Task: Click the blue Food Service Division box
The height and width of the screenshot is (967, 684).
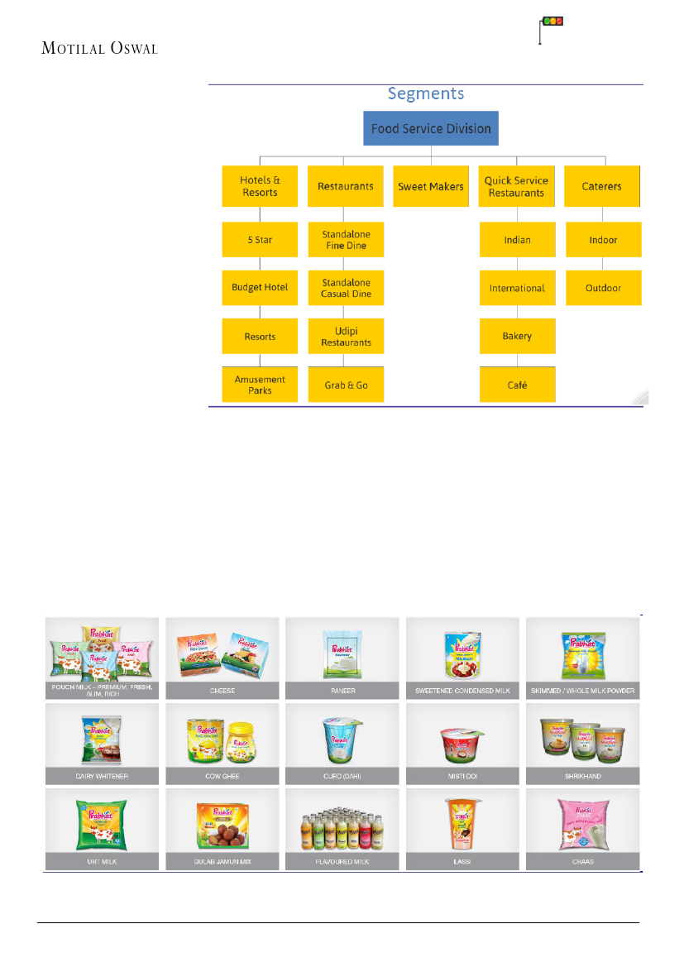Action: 431,129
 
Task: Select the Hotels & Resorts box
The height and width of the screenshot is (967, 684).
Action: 260,186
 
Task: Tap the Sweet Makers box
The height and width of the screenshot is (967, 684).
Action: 431,186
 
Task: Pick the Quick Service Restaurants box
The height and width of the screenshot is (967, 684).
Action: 516,186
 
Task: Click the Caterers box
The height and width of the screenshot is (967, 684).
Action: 602,186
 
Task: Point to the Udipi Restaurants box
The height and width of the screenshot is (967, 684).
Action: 346,337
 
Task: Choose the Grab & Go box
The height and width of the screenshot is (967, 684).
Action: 346,385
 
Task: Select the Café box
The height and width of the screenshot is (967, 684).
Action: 517,385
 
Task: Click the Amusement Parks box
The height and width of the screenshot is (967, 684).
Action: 260,385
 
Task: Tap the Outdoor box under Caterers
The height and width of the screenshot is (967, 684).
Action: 604,288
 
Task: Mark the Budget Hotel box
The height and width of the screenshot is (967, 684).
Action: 260,287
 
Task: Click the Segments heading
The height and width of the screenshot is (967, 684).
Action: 426,93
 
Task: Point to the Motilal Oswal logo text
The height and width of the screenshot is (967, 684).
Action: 99,48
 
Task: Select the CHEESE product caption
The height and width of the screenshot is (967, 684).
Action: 222,691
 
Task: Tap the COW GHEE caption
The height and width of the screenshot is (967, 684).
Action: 222,777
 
